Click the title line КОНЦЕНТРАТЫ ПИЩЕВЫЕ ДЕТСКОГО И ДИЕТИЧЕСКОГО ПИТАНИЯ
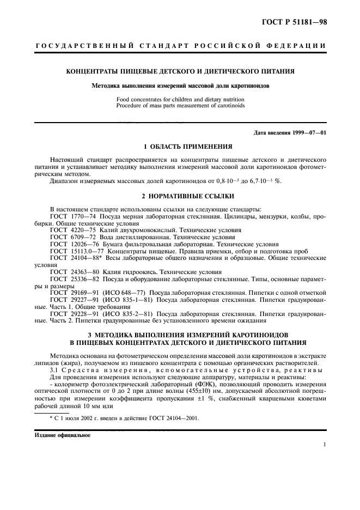click(x=180, y=71)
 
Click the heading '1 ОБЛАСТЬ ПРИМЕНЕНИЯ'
click(x=180, y=147)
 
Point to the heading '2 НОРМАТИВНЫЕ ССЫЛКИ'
click(x=180, y=196)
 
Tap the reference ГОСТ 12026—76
click(x=71, y=245)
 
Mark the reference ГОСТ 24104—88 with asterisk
click(x=72, y=258)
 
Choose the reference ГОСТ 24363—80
click(x=71, y=271)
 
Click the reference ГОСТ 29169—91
click(x=71, y=292)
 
